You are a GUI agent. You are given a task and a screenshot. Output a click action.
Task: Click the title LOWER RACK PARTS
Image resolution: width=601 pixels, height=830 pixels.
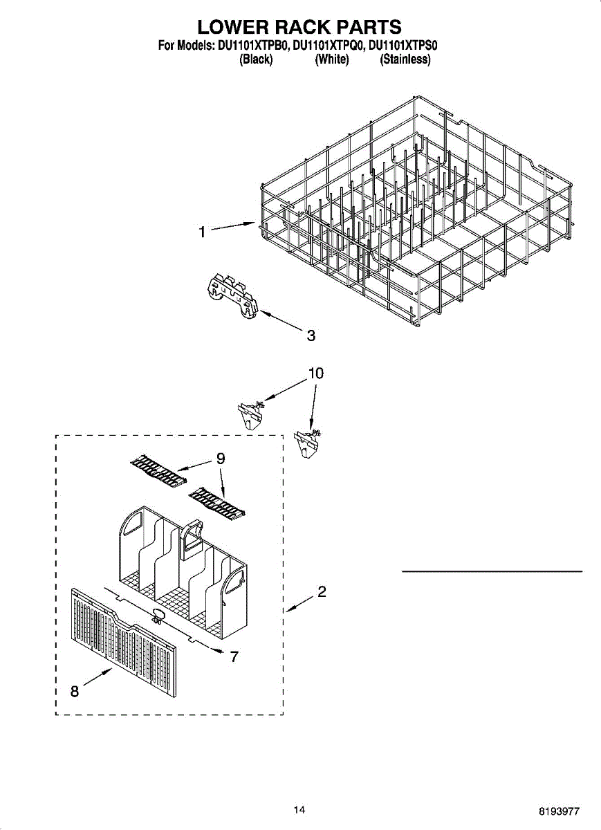pyautogui.click(x=299, y=27)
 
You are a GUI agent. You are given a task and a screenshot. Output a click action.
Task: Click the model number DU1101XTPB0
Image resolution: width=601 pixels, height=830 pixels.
pyautogui.click(x=252, y=46)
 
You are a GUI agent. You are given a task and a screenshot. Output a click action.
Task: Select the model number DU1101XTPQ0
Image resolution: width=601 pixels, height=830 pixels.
pyautogui.click(x=329, y=46)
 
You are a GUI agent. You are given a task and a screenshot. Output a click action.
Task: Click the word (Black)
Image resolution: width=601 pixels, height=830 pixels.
pyautogui.click(x=256, y=60)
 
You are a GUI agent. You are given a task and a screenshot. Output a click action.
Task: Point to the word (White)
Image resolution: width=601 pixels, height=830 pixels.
pyautogui.click(x=331, y=60)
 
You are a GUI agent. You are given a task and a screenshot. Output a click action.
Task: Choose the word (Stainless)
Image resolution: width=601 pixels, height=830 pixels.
pyautogui.click(x=405, y=60)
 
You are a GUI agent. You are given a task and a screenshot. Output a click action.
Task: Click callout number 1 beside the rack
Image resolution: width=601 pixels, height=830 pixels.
pyautogui.click(x=202, y=233)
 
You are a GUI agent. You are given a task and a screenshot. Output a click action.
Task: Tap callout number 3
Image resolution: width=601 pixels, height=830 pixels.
pyautogui.click(x=311, y=335)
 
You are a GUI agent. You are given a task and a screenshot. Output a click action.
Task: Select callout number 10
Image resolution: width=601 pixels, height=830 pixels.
pyautogui.click(x=315, y=373)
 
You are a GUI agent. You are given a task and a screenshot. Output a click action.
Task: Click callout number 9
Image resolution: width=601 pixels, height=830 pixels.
pyautogui.click(x=221, y=458)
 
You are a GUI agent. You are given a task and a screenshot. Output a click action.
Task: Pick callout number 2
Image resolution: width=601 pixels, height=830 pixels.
pyautogui.click(x=322, y=592)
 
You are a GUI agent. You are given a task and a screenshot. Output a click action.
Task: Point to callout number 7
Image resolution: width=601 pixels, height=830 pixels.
pyautogui.click(x=234, y=656)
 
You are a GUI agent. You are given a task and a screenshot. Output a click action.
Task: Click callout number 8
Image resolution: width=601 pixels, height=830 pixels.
pyautogui.click(x=75, y=691)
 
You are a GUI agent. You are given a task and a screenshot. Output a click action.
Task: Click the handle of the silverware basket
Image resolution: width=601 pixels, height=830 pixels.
pyautogui.click(x=190, y=539)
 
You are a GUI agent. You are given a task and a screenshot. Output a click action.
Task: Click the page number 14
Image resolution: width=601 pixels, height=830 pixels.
pyautogui.click(x=299, y=810)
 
